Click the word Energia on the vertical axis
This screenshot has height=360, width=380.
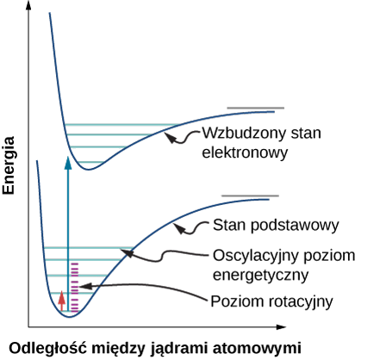tap(9, 165)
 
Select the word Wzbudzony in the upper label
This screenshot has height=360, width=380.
tap(244, 133)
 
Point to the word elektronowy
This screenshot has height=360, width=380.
tap(245, 152)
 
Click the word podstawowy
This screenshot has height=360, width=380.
tap(295, 226)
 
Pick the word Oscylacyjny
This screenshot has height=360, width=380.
tap(256, 256)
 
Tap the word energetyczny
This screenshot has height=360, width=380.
tap(260, 275)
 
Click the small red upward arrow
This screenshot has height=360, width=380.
tap(61, 301)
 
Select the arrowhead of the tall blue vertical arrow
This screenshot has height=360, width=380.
tap(68, 163)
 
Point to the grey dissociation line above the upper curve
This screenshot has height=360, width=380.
tap(256, 109)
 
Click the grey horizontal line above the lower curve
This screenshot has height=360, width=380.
tap(250, 196)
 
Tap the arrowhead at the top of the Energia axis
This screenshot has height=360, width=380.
tap(28, 5)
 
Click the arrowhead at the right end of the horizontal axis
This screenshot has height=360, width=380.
tap(281, 326)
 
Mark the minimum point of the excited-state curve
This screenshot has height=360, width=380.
tap(89, 170)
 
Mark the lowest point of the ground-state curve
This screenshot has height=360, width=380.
tap(69, 317)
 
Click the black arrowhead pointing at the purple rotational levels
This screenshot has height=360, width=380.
tap(84, 286)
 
